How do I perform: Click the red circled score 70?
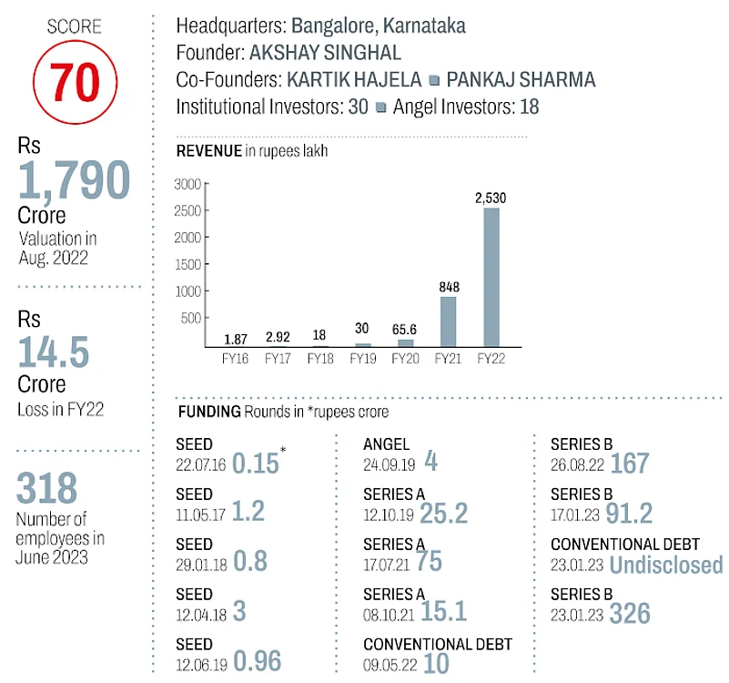point(75,81)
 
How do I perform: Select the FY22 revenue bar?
point(491,277)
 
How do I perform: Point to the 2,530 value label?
point(491,197)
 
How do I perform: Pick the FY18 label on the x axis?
point(319,360)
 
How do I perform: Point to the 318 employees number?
point(47,489)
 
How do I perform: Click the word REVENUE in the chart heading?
point(208,151)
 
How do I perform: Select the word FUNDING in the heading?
point(208,412)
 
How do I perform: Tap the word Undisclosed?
point(666,565)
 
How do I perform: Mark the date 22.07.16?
point(200,463)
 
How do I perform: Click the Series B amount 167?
point(630,463)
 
